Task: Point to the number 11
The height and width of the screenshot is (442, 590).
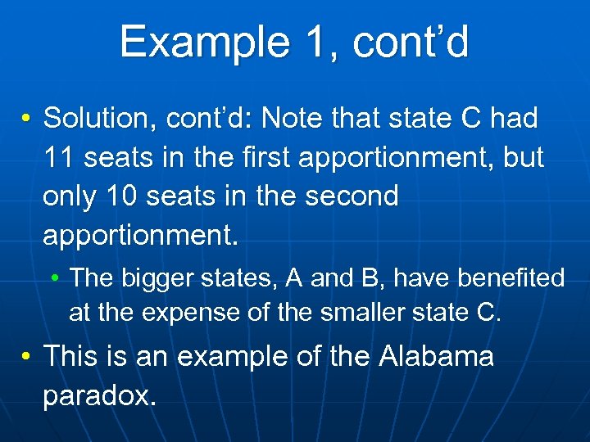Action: click(59, 158)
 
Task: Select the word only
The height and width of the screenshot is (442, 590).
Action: click(70, 196)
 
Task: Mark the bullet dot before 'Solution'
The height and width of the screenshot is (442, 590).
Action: click(27, 120)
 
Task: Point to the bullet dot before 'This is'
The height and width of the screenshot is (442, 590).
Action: click(27, 358)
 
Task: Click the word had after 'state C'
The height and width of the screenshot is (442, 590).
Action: click(514, 119)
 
